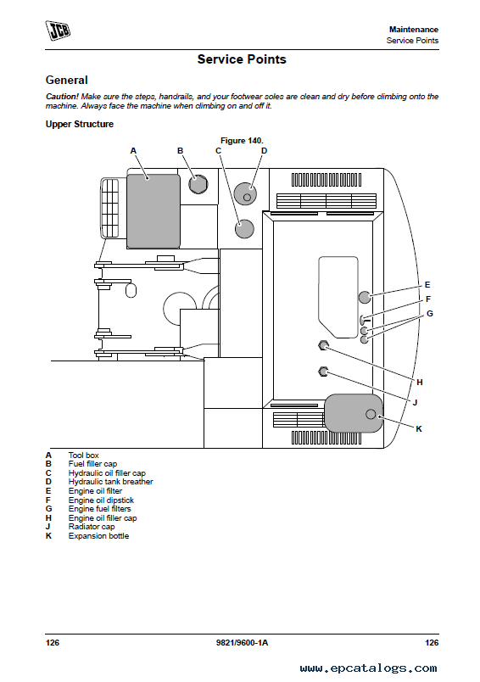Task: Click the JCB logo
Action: [58, 31]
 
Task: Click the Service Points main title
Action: [242, 59]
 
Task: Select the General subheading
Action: [66, 80]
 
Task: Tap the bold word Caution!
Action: [62, 97]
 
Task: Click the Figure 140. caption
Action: [242, 141]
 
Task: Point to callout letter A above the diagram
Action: [133, 151]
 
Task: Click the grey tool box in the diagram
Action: [153, 211]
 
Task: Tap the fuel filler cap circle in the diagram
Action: [198, 183]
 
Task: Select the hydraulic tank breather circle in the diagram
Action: [245, 193]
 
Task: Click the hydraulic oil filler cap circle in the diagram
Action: [244, 229]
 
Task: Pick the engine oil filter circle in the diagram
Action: [365, 297]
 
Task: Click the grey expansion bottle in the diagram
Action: [354, 413]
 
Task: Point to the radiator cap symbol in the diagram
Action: [323, 372]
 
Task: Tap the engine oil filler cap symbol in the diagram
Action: [323, 345]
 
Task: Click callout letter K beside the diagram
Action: [419, 429]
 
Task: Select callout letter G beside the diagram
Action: [430, 314]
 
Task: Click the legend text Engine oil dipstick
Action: [101, 500]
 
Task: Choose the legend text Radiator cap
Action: [92, 527]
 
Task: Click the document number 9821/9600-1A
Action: [242, 643]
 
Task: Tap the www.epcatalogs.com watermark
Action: [368, 668]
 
